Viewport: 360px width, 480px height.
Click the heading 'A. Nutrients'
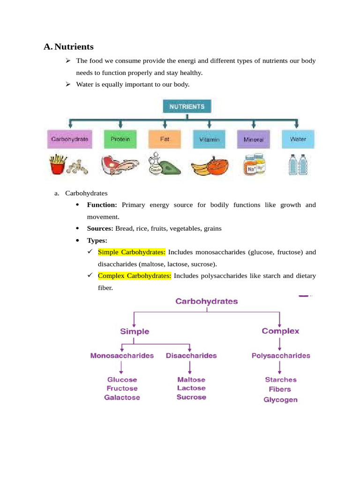[x=68, y=47]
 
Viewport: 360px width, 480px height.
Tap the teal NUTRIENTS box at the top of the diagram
[x=187, y=107]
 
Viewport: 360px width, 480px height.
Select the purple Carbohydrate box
[x=70, y=140]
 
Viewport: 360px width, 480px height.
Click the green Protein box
[x=120, y=140]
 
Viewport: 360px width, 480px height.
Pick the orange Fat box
[x=165, y=140]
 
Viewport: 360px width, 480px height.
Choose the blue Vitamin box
[x=209, y=140]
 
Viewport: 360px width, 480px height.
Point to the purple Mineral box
[x=254, y=140]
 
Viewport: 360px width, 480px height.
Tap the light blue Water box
[x=298, y=140]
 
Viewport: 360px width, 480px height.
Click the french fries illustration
[x=57, y=165]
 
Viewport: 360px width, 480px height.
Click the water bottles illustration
[x=298, y=165]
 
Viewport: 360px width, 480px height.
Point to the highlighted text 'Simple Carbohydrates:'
[x=132, y=252]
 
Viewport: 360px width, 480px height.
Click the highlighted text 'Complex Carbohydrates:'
[x=135, y=276]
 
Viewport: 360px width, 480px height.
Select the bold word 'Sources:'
[x=100, y=228]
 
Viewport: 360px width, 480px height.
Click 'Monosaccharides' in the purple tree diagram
[x=122, y=356]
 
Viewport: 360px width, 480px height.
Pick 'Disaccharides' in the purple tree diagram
[x=191, y=356]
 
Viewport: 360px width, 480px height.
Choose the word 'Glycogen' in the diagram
[x=280, y=400]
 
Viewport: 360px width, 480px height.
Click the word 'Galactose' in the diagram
[x=122, y=397]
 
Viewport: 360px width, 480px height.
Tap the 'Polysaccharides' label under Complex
[x=281, y=356]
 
